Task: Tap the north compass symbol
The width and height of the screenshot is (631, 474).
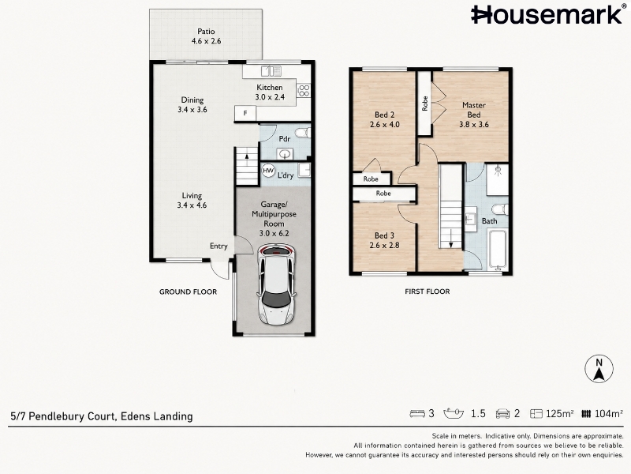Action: point(599,369)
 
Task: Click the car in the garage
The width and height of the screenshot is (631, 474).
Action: point(276,284)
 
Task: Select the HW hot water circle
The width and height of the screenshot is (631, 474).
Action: point(268,171)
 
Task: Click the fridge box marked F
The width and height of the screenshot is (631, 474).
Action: point(245,113)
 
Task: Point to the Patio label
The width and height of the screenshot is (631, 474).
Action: point(206,31)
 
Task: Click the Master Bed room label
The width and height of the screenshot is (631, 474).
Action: point(474,110)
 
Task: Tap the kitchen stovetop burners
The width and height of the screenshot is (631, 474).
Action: point(304,90)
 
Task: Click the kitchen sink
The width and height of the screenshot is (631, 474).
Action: point(271,71)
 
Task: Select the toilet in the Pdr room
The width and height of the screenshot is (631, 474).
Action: point(303,133)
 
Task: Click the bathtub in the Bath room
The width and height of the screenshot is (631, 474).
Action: point(498,250)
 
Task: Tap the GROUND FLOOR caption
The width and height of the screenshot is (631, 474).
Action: point(188,292)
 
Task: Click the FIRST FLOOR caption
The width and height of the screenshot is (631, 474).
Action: point(428,292)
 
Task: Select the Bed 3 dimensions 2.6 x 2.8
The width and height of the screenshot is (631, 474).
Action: point(384,245)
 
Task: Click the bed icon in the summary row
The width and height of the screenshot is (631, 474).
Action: point(417,413)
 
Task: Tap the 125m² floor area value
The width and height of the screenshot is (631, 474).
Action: point(560,413)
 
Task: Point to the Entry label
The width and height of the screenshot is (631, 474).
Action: point(218,246)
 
